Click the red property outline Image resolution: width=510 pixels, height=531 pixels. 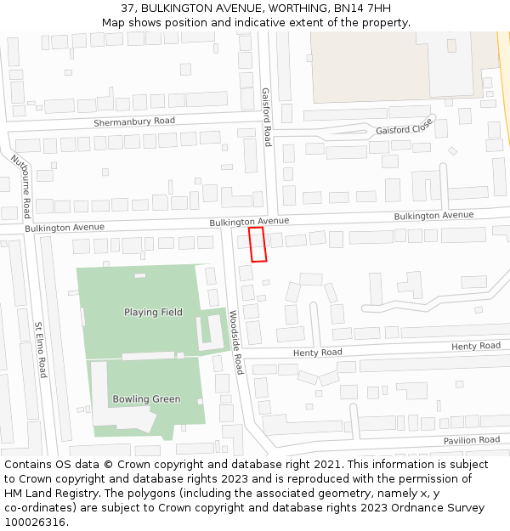pos(258,244)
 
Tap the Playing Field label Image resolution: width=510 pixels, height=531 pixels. pos(153,312)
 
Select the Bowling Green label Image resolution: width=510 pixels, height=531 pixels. pos(146,399)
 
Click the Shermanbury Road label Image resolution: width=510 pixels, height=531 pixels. pos(134,121)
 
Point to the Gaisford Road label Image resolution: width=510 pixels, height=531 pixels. pos(266,116)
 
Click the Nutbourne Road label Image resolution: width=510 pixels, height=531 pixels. pos(21,185)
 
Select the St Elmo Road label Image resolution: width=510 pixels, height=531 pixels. pos(40,348)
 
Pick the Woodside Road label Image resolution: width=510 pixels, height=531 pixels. pos(236,342)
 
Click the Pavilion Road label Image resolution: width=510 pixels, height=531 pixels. pos(471,440)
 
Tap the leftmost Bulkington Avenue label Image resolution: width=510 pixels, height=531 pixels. pos(65,228)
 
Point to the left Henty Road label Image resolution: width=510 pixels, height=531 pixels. pos(318,353)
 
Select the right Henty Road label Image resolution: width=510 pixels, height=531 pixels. pos(476,346)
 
